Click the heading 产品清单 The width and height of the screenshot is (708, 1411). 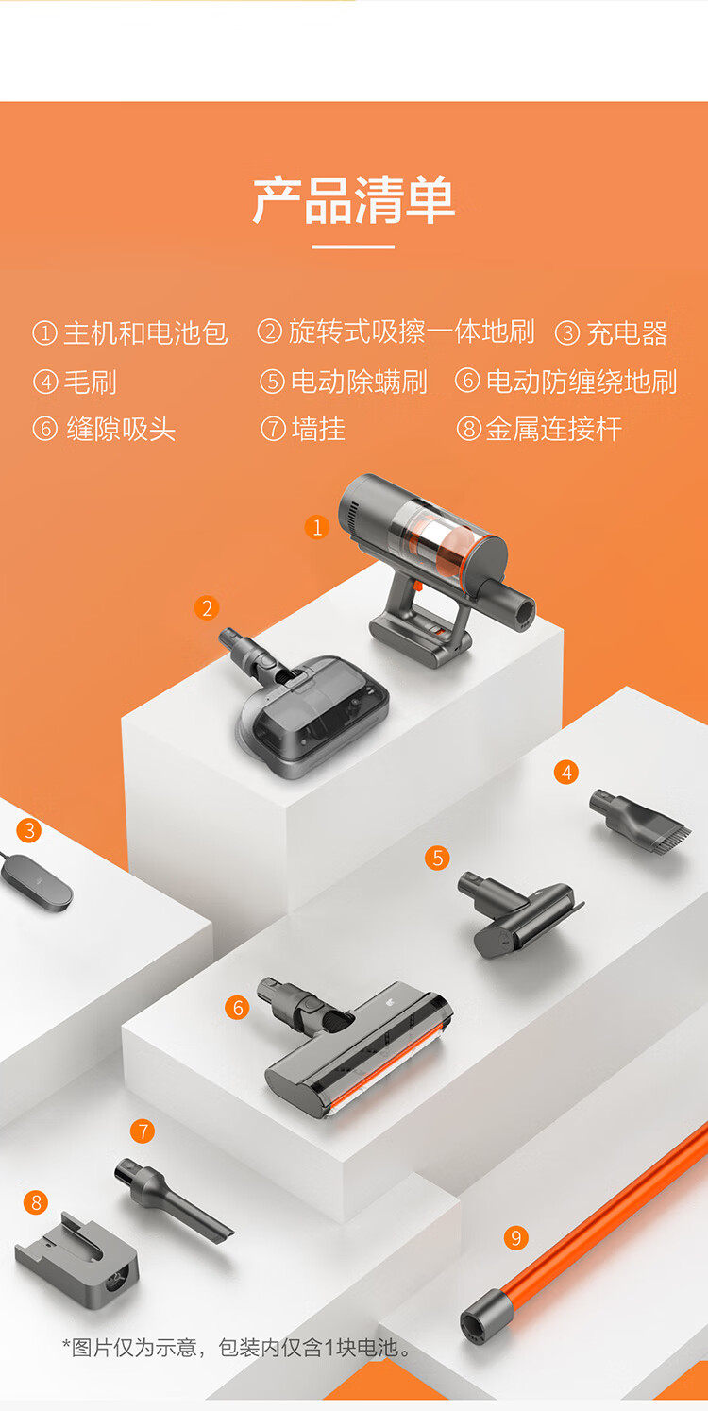click(x=353, y=200)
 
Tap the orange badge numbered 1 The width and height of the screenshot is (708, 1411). click(x=317, y=527)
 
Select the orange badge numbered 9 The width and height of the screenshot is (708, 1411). click(x=515, y=1238)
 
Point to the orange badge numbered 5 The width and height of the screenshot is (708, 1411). click(x=437, y=858)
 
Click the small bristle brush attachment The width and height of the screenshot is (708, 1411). click(x=639, y=817)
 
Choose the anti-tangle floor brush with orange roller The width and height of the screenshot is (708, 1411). click(x=356, y=1047)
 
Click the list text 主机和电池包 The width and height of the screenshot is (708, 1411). click(x=145, y=332)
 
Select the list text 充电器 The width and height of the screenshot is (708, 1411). click(x=628, y=332)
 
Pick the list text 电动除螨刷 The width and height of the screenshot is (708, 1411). click(x=359, y=382)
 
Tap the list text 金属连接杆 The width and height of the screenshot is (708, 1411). click(x=554, y=429)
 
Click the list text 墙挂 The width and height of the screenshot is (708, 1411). click(x=318, y=429)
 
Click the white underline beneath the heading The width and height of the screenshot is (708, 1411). click(x=353, y=246)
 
